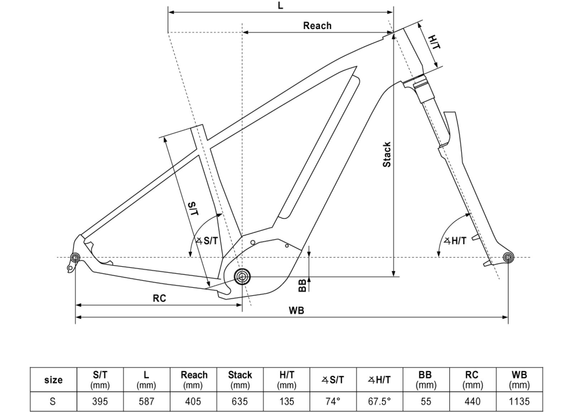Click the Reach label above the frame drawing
(x=317, y=25)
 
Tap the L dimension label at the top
(x=281, y=5)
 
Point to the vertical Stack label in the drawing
(x=387, y=155)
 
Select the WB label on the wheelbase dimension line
(x=297, y=311)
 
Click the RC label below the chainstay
(x=159, y=298)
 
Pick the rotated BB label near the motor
(x=302, y=285)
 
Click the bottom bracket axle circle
(x=242, y=276)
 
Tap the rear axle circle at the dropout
(x=76, y=258)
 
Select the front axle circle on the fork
(x=508, y=258)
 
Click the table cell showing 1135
(x=519, y=401)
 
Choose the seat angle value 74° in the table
(x=333, y=401)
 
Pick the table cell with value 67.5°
(x=379, y=401)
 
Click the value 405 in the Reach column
(x=193, y=401)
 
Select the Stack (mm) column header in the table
(x=240, y=380)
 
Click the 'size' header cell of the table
(x=53, y=380)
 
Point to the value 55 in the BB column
(x=426, y=401)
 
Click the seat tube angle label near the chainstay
(x=207, y=240)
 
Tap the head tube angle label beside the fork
(x=455, y=240)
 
